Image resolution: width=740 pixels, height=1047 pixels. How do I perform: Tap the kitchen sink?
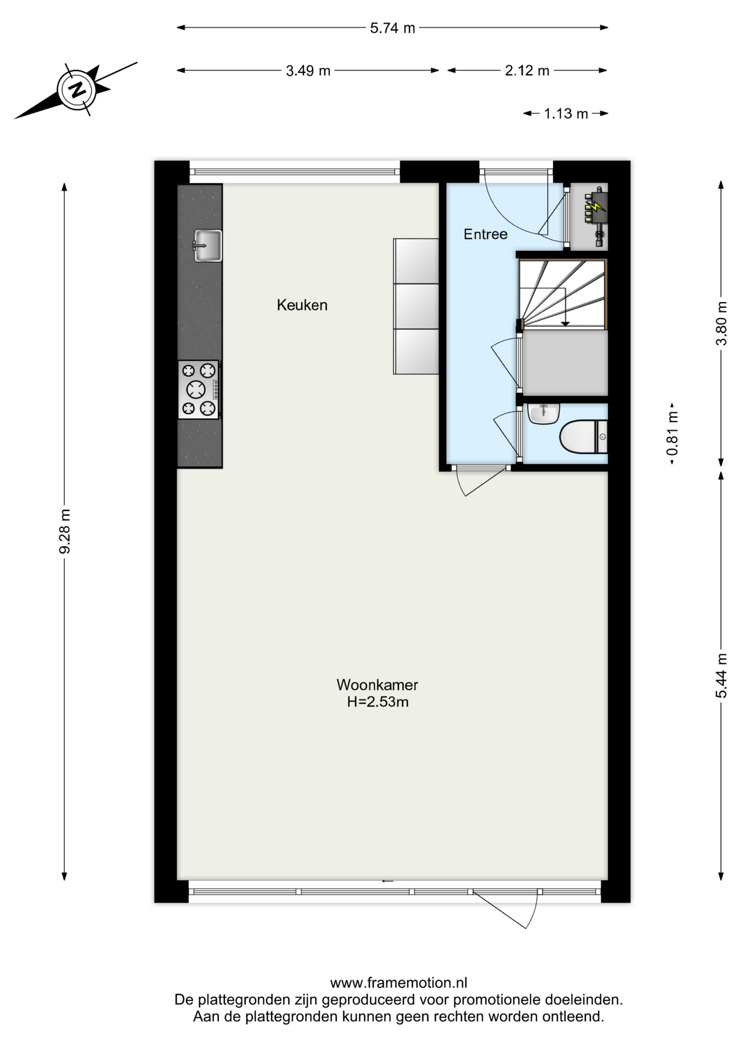point(208,245)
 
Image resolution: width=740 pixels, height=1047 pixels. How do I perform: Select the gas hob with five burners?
point(199,389)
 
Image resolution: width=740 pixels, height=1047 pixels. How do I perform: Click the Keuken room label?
point(302,305)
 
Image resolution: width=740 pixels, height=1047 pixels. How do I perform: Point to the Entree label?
point(486,234)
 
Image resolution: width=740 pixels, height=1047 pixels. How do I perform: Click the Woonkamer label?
point(377,684)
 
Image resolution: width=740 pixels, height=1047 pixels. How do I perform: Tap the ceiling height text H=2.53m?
point(378,702)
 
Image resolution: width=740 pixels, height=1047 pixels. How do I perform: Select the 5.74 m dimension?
point(392,28)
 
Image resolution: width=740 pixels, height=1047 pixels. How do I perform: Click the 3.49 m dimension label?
point(308,71)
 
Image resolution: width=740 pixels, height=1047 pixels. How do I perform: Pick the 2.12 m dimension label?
point(527,71)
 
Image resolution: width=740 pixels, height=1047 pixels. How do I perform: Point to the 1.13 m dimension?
point(566,113)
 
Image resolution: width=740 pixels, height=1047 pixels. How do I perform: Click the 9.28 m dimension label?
point(65,531)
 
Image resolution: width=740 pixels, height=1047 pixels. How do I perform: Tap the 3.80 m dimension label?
point(721,323)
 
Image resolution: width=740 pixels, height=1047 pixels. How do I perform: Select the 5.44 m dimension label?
point(721,676)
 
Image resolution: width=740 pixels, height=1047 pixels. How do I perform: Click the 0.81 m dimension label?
point(672,434)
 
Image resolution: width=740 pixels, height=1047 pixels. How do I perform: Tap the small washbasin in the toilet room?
point(543,413)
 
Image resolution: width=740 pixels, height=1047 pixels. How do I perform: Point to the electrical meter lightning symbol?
point(597,207)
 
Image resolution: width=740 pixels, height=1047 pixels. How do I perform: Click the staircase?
point(563,294)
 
